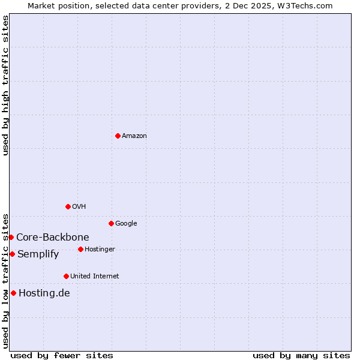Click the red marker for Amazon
pyautogui.click(x=118, y=136)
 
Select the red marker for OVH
pyautogui.click(x=68, y=206)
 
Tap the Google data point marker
pyautogui.click(x=111, y=223)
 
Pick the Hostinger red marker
pyautogui.click(x=80, y=249)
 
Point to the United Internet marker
pyautogui.click(x=66, y=276)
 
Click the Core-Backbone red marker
pyautogui.click(x=11, y=237)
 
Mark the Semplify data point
pyautogui.click(x=12, y=254)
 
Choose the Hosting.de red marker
pyautogui.click(x=13, y=293)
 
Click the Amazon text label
pyautogui.click(x=134, y=136)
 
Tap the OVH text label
pyautogui.click(x=79, y=207)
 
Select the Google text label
pyautogui.click(x=126, y=224)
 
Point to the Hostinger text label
pyautogui.click(x=100, y=250)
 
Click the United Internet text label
pyautogui.click(x=95, y=277)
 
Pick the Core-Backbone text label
pyautogui.click(x=53, y=238)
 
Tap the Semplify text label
pyautogui.click(x=38, y=254)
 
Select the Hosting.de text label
pyautogui.click(x=44, y=293)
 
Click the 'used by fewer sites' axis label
pyautogui.click(x=62, y=355)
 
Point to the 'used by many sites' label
pyautogui.click(x=301, y=355)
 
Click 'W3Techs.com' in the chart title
pyautogui.click(x=309, y=5)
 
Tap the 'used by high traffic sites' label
pyautogui.click(x=5, y=85)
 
